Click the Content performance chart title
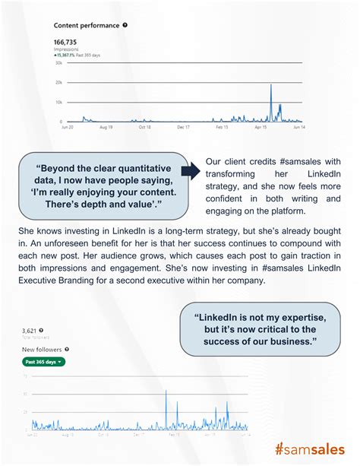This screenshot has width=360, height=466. [x=86, y=25]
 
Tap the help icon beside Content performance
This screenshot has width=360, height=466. [x=125, y=25]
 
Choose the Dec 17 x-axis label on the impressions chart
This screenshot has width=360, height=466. [x=182, y=128]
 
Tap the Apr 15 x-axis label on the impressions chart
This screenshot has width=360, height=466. [x=261, y=128]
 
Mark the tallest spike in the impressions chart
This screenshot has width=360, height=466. [x=271, y=85]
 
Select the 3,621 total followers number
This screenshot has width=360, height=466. [x=31, y=331]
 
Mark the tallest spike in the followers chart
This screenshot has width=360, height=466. [x=166, y=392]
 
